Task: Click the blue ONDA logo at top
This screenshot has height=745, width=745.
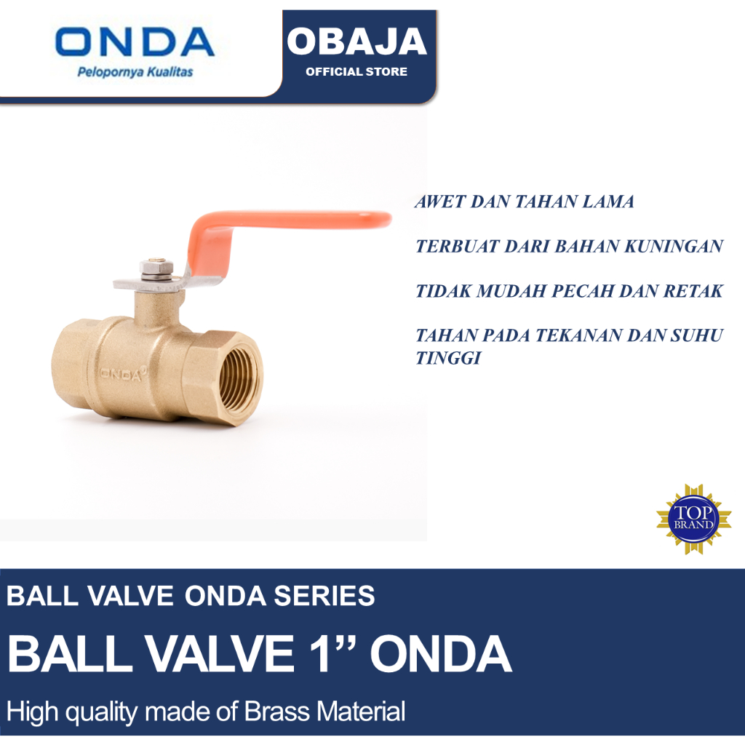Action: pyautogui.click(x=135, y=44)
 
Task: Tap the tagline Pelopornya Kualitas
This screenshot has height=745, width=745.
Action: pyautogui.click(x=135, y=73)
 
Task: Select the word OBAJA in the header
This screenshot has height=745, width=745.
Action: pyautogui.click(x=356, y=42)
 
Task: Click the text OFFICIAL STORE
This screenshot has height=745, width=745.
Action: pyautogui.click(x=356, y=71)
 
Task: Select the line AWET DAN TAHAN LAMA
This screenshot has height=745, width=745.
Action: pyautogui.click(x=524, y=202)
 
